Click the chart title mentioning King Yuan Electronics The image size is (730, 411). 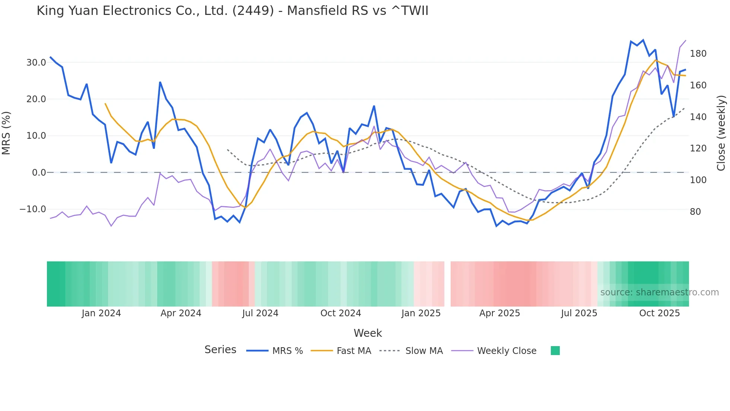232,11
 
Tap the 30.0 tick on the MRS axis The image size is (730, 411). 36,63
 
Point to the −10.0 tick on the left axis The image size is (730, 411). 33,209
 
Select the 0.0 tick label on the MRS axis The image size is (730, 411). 39,173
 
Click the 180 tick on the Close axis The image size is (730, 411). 698,54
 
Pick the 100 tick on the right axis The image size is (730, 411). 698,180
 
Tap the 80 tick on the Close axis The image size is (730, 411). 695,212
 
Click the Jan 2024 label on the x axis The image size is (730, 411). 101,313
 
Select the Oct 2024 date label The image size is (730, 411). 340,313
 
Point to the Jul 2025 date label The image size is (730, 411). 579,313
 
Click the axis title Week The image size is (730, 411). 368,333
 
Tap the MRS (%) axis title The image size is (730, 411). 6,133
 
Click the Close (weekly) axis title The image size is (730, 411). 721,133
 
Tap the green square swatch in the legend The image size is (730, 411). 555,351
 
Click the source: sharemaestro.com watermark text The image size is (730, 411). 659,292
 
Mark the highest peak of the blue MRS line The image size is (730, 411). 643,40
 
